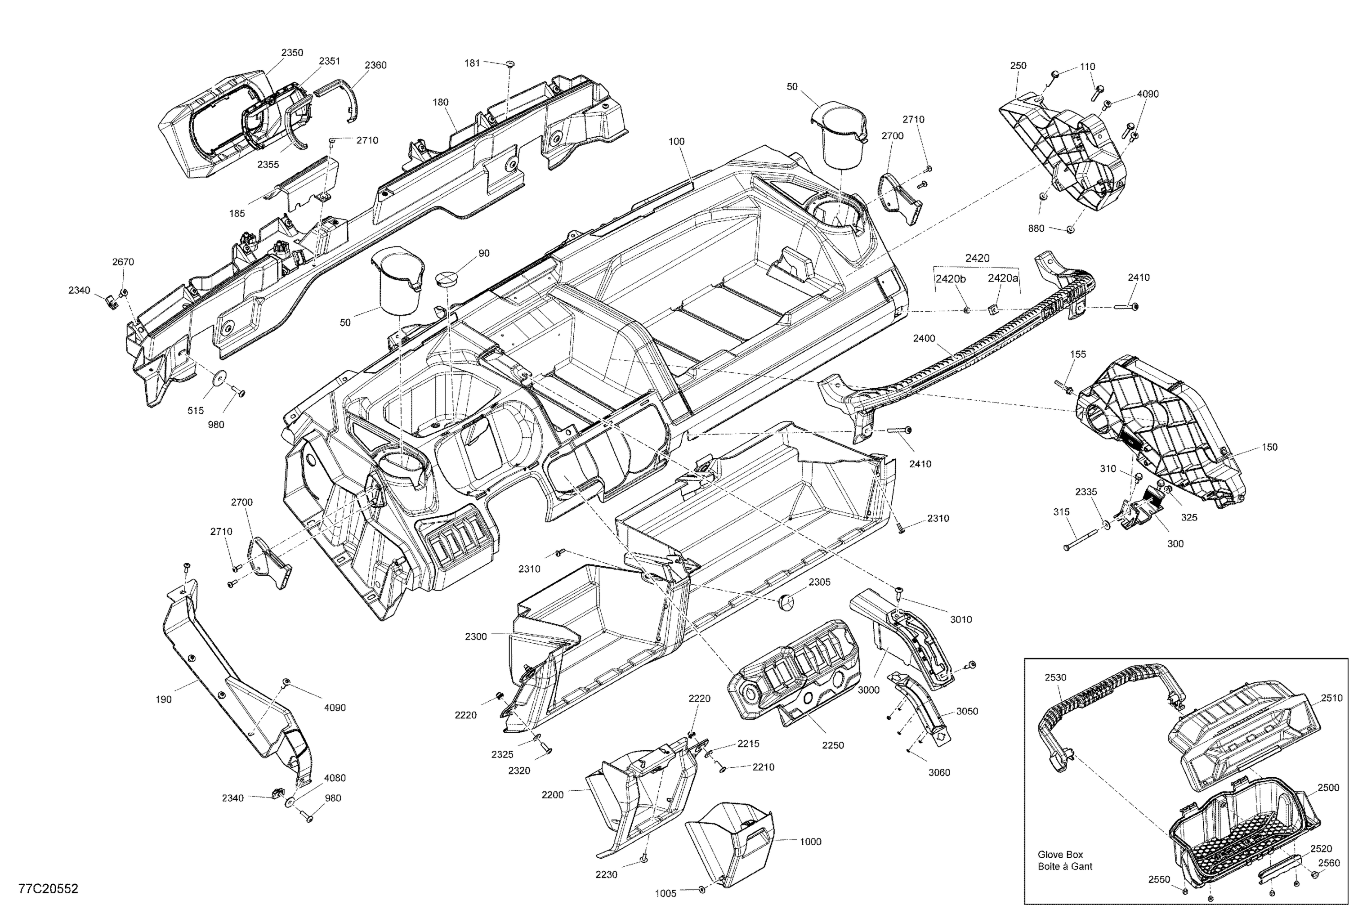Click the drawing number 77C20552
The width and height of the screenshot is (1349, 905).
pyautogui.click(x=49, y=888)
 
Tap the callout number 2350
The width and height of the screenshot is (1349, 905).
pyautogui.click(x=292, y=53)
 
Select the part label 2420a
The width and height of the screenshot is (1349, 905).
pyautogui.click(x=1003, y=278)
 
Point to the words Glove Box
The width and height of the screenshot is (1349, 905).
pyautogui.click(x=1060, y=855)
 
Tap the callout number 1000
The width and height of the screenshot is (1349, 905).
pyautogui.click(x=810, y=842)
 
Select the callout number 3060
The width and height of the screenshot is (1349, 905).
pyautogui.click(x=939, y=773)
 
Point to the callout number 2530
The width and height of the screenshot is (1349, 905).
pyautogui.click(x=1055, y=677)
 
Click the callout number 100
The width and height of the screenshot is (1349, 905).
pyautogui.click(x=677, y=141)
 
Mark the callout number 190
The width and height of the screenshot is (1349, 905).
pyautogui.click(x=163, y=699)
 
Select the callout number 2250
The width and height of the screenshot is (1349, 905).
pyautogui.click(x=833, y=745)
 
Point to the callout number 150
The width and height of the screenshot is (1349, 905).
pyautogui.click(x=1270, y=447)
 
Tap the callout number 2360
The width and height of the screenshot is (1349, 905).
pyautogui.click(x=375, y=65)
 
